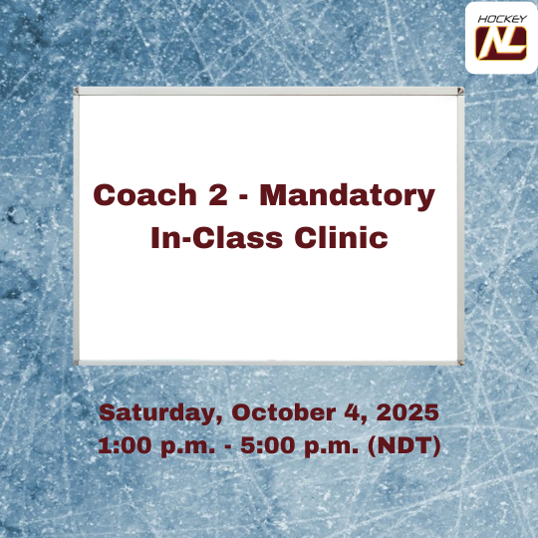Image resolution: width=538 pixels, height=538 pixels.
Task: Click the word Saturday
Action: [158, 412]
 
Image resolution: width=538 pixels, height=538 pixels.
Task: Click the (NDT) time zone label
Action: [404, 445]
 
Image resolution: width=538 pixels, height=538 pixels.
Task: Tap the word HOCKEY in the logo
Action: [501, 19]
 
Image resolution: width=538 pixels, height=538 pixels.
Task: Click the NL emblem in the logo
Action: [501, 43]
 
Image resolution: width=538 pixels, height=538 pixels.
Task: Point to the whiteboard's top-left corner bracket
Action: [81, 93]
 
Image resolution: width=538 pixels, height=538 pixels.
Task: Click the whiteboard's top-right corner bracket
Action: [458, 93]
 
